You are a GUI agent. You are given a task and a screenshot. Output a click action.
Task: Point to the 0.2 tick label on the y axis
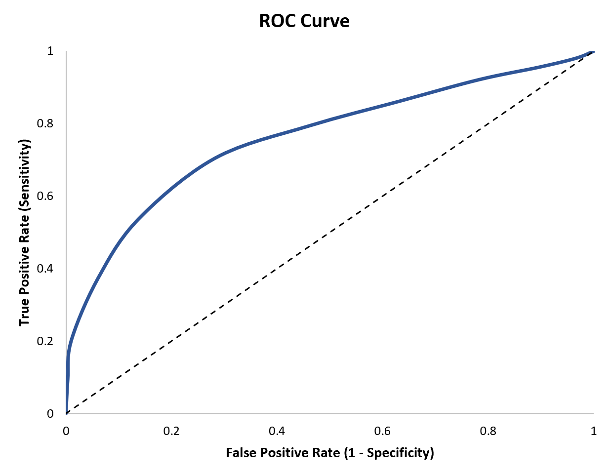tap(45, 341)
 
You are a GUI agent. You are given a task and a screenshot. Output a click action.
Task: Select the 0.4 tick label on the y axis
tap(45, 269)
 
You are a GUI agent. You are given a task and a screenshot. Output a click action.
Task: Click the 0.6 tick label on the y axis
tap(45, 196)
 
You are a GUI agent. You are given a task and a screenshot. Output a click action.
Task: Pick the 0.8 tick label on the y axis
tap(45, 123)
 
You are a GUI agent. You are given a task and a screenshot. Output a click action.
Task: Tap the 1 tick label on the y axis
tap(50, 51)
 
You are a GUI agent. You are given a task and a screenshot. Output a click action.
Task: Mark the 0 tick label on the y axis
tap(50, 414)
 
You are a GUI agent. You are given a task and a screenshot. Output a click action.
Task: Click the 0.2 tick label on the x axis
tap(171, 431)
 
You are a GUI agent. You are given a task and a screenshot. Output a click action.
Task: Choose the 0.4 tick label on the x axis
tap(277, 431)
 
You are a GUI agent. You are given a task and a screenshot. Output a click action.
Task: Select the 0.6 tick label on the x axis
tap(382, 431)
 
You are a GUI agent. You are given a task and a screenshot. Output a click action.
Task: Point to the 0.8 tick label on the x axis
tap(488, 431)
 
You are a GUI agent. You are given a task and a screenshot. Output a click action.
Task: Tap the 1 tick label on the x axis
tap(594, 431)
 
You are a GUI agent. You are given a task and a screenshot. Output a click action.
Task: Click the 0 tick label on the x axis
tap(66, 431)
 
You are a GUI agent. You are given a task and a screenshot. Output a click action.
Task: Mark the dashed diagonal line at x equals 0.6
tap(382, 197)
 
